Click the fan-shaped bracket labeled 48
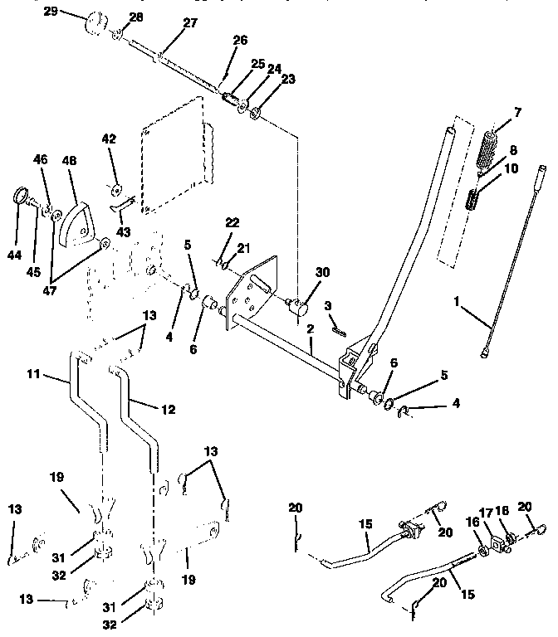(x=78, y=222)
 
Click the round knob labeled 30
(x=301, y=309)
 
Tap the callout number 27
(x=190, y=23)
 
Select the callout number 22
(x=232, y=223)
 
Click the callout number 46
(x=42, y=158)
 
